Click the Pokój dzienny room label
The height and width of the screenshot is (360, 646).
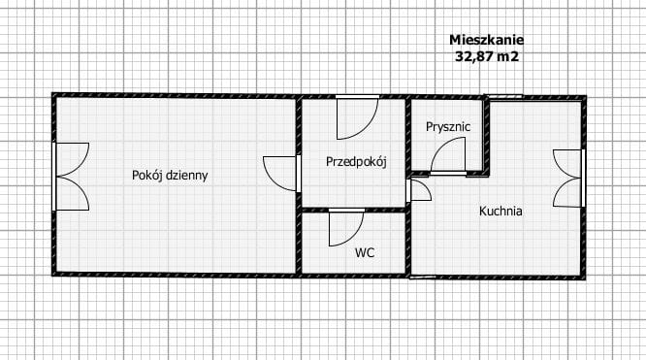170,176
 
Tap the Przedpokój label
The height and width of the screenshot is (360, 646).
356,162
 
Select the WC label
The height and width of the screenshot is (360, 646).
365,252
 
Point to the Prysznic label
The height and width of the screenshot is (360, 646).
448,126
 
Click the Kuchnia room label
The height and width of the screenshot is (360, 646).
501,210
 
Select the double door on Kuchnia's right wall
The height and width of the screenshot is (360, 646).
566,178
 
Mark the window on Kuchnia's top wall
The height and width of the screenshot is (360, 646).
504,96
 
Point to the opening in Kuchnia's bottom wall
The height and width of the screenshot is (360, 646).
423,277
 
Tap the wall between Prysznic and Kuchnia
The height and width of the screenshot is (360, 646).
487,136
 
